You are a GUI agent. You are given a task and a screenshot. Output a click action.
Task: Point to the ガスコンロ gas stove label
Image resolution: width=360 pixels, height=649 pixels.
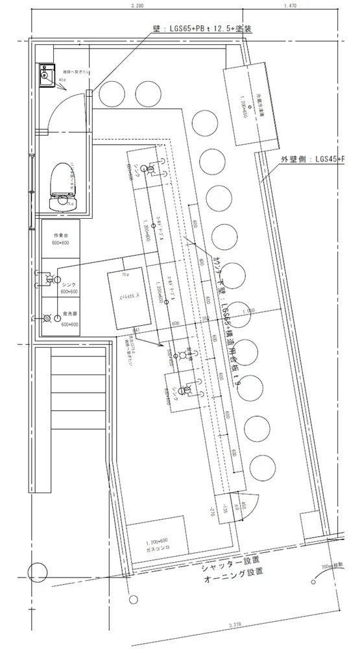[x=156, y=548]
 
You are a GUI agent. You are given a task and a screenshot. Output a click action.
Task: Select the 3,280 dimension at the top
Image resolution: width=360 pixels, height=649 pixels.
[x=136, y=6]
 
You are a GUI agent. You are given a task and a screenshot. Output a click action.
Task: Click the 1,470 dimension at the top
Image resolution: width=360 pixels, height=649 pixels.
[x=289, y=6]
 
